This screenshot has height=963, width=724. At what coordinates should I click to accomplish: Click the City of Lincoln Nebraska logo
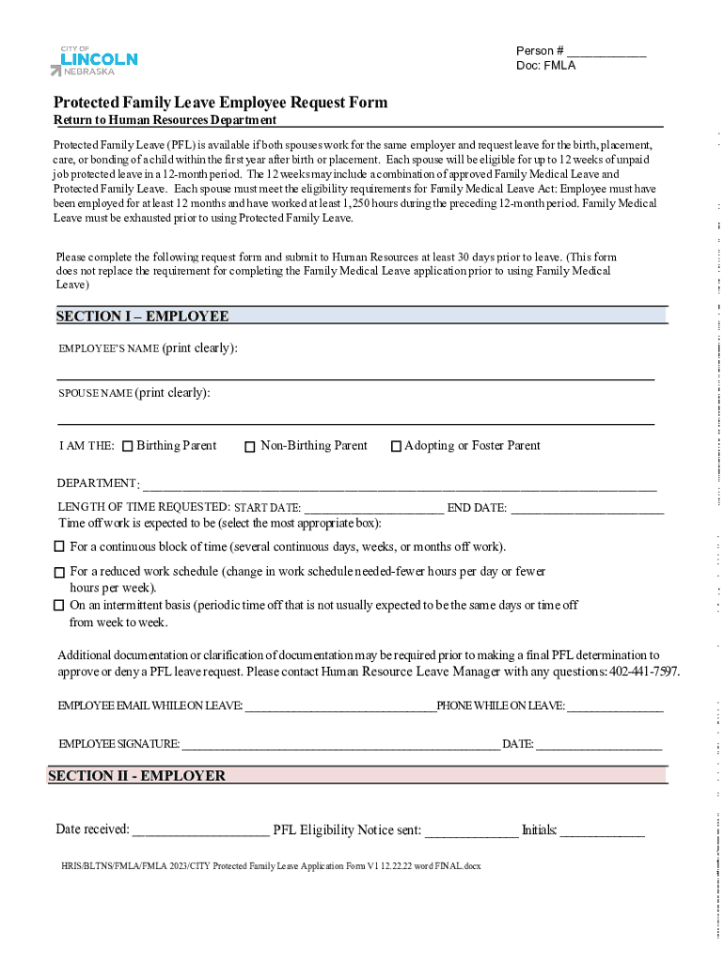pos(94,60)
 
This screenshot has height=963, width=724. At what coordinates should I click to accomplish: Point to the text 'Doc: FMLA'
pos(545,66)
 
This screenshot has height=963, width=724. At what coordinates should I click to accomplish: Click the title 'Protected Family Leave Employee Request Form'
pos(220,103)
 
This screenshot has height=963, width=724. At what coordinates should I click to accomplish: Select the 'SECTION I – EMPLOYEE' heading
pos(142,316)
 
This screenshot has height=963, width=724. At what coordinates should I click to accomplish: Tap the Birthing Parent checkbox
pos(128,447)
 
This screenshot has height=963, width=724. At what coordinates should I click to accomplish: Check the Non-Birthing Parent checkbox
pos(250,447)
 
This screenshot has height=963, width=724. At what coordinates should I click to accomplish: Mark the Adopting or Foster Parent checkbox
pos(396,447)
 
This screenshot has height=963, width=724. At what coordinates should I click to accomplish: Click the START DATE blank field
pos(373,509)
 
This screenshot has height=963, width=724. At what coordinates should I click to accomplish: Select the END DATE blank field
pos(587,509)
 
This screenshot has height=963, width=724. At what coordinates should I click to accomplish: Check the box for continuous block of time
pos(59,546)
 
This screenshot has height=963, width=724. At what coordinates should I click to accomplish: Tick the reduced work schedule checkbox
pos(59,572)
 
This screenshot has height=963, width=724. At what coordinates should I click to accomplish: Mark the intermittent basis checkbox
pos(59,605)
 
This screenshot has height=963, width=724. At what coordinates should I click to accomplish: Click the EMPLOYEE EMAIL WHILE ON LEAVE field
pos(339,706)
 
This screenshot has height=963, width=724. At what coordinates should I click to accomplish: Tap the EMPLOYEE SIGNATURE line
pos(340,745)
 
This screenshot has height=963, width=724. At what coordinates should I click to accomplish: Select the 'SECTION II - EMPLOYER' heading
pos(136,776)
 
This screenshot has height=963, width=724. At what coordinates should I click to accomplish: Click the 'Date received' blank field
pos(200,831)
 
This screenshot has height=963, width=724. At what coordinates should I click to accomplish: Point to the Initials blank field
pos(602,831)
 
